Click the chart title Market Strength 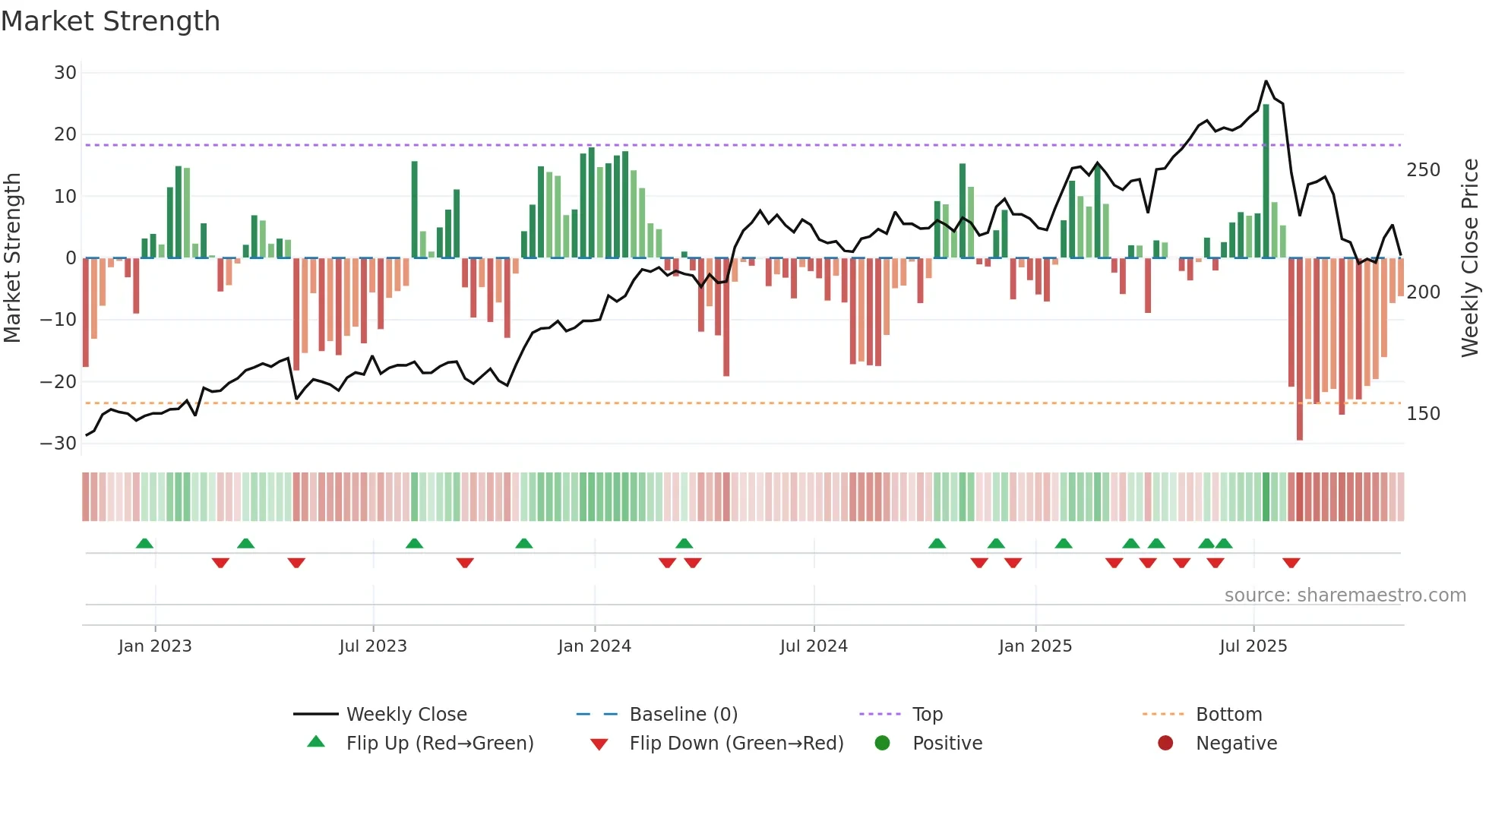pos(110,21)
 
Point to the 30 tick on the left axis pos(65,73)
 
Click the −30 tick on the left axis pos(59,444)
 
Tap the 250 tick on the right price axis pos(1423,170)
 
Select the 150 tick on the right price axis pos(1423,414)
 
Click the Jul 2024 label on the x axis pos(814,646)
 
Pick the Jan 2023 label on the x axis pos(155,646)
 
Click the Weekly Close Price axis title pos(1470,258)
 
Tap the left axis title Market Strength pos(12,258)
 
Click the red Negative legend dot pos(1165,744)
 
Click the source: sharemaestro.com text pos(1345,595)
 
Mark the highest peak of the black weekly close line pos(1266,81)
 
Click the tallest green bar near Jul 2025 pos(1266,182)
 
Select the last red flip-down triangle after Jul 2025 pos(1291,563)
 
